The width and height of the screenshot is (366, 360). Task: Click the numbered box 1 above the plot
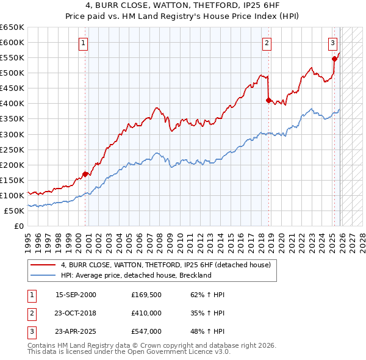(x=82, y=43)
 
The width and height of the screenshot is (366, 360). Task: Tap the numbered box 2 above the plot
(x=267, y=43)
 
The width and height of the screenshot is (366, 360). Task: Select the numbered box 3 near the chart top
(x=332, y=43)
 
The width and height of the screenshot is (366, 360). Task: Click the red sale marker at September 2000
(x=85, y=174)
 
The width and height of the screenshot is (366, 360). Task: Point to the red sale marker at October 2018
(x=268, y=101)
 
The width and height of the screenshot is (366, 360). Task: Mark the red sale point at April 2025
(x=334, y=59)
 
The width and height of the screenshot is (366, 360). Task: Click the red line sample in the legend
(x=43, y=265)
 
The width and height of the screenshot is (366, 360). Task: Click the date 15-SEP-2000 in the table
(x=76, y=295)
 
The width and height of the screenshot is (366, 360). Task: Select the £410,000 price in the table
(x=146, y=313)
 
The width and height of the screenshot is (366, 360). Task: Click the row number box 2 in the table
(x=31, y=313)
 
